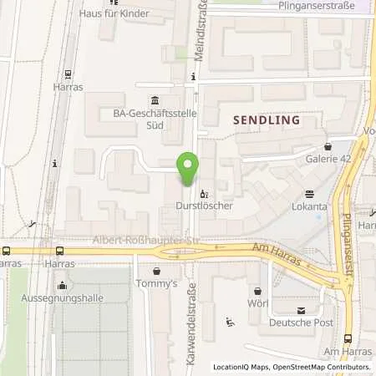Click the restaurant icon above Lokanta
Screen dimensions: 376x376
pyautogui.click(x=308, y=191)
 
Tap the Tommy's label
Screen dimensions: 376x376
pyautogui.click(x=156, y=284)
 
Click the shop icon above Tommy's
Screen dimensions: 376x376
pyautogui.click(x=156, y=271)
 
